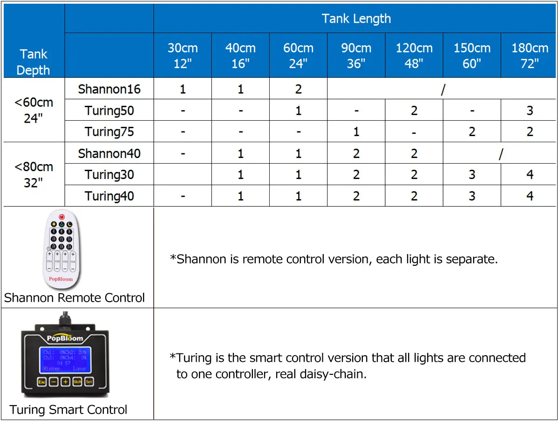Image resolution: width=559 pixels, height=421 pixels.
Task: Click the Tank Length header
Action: (356, 19)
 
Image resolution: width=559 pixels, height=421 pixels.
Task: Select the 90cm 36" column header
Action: (356, 55)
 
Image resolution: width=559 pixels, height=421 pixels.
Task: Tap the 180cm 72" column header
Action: (530, 55)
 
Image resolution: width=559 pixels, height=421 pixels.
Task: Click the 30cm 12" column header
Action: (183, 55)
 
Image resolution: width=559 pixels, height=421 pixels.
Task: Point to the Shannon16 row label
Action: (109, 89)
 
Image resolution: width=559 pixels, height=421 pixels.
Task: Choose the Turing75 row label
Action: (109, 132)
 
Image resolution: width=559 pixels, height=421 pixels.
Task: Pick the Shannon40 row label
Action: (109, 153)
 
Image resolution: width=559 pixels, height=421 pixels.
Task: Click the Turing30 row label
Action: (109, 175)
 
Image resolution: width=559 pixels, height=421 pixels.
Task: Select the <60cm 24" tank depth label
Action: (34, 110)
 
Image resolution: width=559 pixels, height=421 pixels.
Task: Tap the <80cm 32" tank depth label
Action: (34, 174)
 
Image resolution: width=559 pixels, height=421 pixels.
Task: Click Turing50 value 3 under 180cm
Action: (530, 110)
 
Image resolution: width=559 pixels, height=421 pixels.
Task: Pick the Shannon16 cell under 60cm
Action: (298, 89)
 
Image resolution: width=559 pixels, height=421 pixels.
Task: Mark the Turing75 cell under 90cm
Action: (356, 132)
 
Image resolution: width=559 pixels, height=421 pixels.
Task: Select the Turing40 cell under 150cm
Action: (472, 196)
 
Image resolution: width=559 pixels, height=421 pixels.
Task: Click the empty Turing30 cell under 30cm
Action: (183, 175)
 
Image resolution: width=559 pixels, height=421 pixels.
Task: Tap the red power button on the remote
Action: (62, 217)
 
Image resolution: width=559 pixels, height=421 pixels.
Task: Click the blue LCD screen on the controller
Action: (65, 360)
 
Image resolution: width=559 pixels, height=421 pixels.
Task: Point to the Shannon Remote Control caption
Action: (75, 297)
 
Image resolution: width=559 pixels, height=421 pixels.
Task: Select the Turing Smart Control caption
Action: (68, 410)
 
